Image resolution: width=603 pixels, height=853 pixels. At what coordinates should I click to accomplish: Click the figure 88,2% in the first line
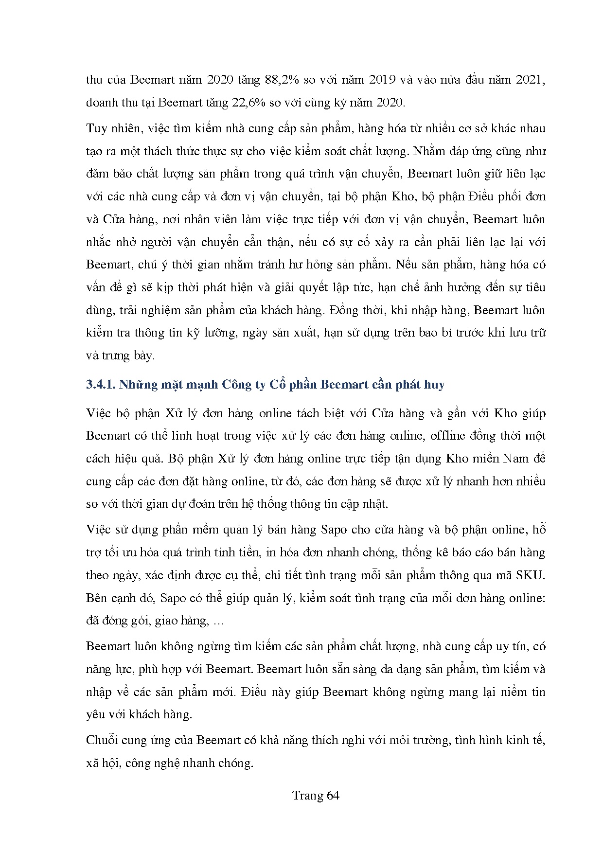tap(282, 80)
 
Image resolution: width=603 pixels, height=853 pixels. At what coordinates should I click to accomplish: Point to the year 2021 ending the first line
tap(529, 80)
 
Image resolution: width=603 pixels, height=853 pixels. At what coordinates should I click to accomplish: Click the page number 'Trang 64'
tap(316, 795)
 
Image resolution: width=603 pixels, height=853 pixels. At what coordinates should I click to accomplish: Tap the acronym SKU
tap(530, 575)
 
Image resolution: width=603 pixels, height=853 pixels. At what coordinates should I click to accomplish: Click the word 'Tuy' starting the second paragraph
tap(95, 128)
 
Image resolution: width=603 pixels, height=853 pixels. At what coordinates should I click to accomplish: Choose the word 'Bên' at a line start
tap(95, 598)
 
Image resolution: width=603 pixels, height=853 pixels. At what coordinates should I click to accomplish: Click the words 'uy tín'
tap(512, 646)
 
